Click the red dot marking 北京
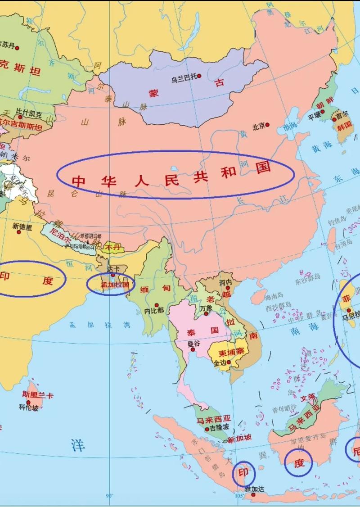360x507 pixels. tap(267, 125)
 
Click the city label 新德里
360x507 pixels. tap(22, 227)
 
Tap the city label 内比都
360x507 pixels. tap(154, 310)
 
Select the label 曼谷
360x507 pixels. tap(193, 344)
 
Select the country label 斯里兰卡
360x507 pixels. tap(37, 395)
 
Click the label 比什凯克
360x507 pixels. tap(29, 110)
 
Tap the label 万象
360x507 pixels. tap(206, 308)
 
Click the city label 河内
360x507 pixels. tap(225, 282)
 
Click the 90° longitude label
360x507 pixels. tap(109, 496)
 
